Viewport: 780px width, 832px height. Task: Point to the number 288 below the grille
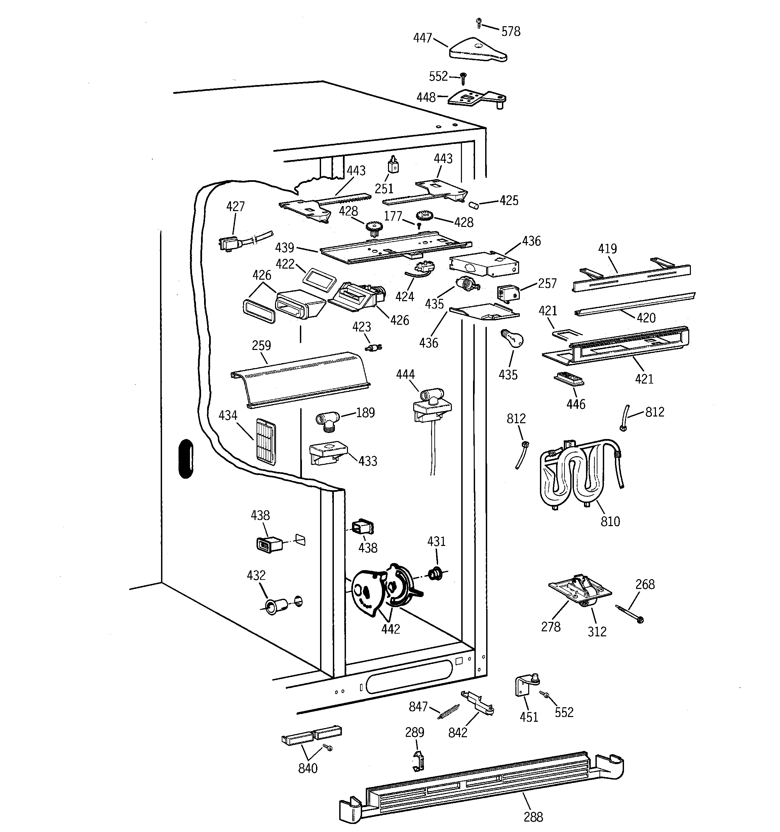coord(533,817)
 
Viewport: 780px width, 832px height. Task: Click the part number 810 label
coord(610,521)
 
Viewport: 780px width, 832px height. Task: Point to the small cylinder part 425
coord(473,205)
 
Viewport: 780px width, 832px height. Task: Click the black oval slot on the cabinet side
coord(186,458)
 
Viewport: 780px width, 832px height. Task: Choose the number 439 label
coord(285,248)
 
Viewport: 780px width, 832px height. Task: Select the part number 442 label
coord(390,629)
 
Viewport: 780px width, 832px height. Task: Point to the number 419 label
coord(607,249)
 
